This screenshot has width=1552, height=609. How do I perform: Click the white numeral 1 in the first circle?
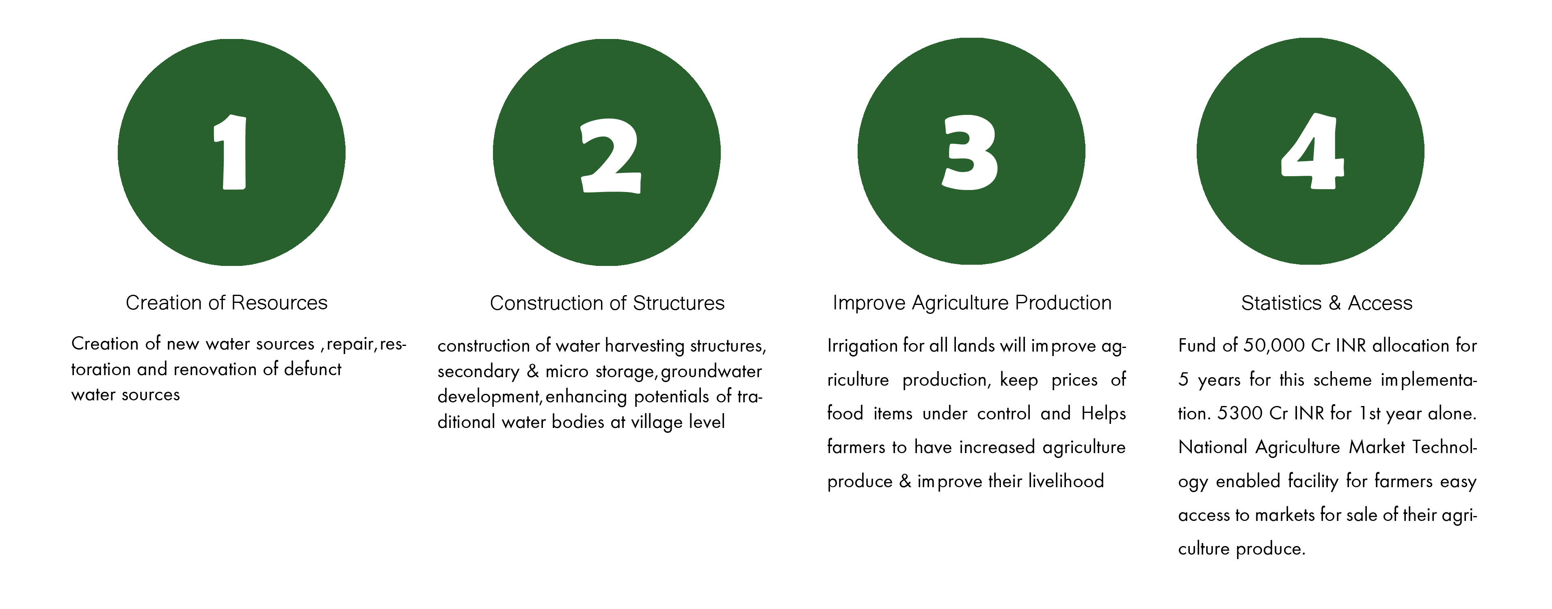(x=232, y=152)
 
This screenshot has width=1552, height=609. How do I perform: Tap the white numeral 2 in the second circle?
(x=610, y=155)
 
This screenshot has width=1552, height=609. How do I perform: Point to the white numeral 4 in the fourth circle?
(x=1312, y=151)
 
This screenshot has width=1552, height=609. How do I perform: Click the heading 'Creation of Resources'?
(x=227, y=302)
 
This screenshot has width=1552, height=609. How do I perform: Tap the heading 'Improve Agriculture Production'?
(x=972, y=302)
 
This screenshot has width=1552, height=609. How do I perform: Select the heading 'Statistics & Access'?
(x=1327, y=303)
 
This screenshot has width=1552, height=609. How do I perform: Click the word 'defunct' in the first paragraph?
(x=313, y=369)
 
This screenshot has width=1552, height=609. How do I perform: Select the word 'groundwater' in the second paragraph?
(x=711, y=371)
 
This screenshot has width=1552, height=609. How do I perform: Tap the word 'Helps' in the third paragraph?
(x=1104, y=414)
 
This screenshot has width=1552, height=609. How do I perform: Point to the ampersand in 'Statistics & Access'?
(x=1334, y=303)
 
